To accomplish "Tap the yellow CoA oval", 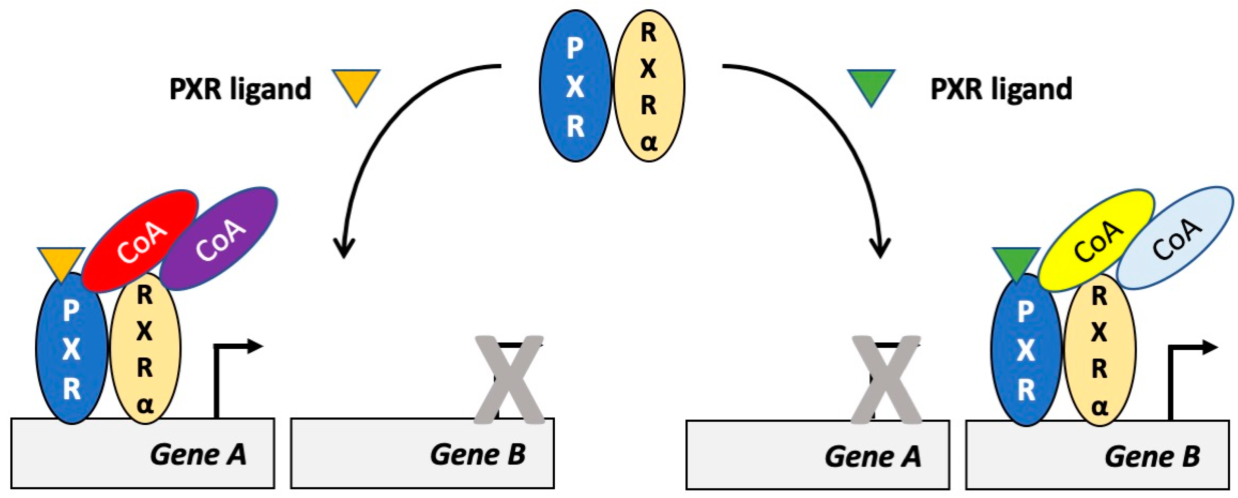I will (1096, 240).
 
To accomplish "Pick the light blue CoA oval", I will (1175, 238).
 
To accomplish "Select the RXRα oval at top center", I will (649, 87).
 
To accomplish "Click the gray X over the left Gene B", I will (509, 380).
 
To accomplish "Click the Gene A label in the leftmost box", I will (198, 454).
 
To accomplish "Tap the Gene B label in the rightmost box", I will (1152, 456).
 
